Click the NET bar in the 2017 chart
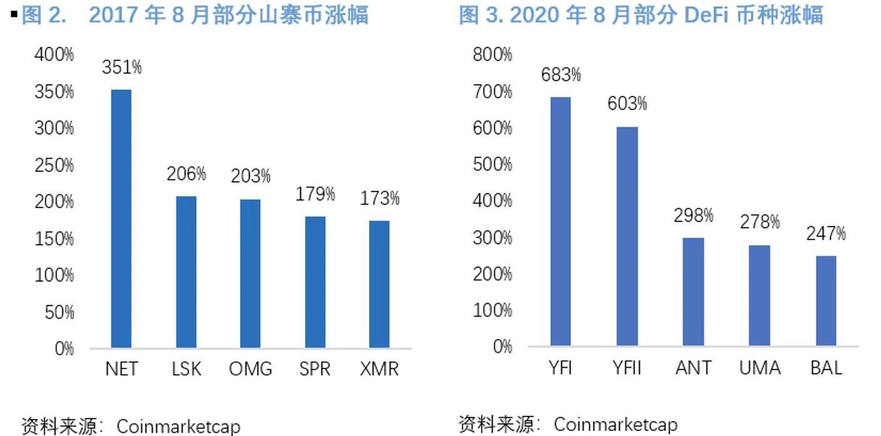[121, 219]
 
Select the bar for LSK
[186, 272]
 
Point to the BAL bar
[826, 301]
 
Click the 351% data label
[122, 68]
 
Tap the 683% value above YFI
[561, 75]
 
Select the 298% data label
[693, 216]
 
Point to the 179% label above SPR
[315, 194]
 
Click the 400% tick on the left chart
[54, 55]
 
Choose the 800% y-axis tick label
[492, 55]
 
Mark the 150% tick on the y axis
[54, 239]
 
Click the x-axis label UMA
[760, 368]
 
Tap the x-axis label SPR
[315, 369]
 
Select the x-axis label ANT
[693, 368]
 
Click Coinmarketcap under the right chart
[616, 425]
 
